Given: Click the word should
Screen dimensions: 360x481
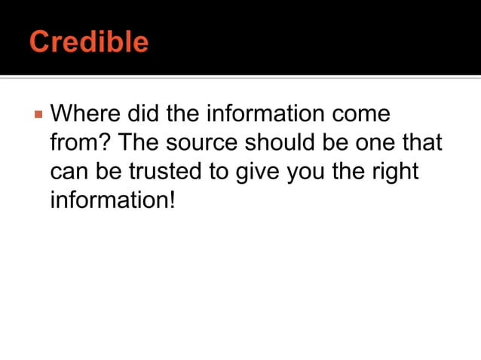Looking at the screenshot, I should click(x=278, y=144).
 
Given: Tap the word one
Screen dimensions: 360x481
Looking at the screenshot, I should click(x=377, y=144).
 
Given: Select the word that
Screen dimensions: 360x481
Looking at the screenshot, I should click(x=423, y=144).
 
